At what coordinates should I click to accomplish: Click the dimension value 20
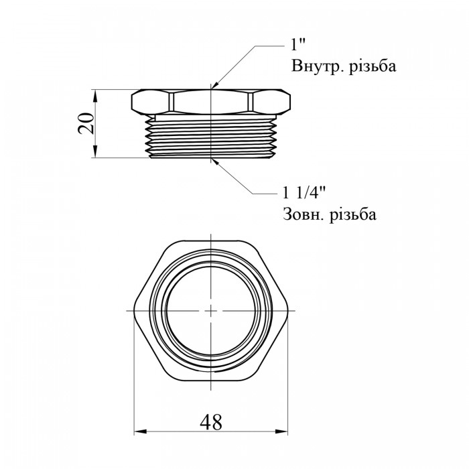tap(86, 123)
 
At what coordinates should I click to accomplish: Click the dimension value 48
tap(211, 422)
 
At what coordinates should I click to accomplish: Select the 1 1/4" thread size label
tap(304, 193)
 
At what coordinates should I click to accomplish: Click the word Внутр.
tap(315, 66)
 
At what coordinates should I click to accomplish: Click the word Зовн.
tap(304, 214)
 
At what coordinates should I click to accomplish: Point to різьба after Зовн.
tap(353, 214)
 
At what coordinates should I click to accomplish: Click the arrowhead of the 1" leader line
tap(216, 84)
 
